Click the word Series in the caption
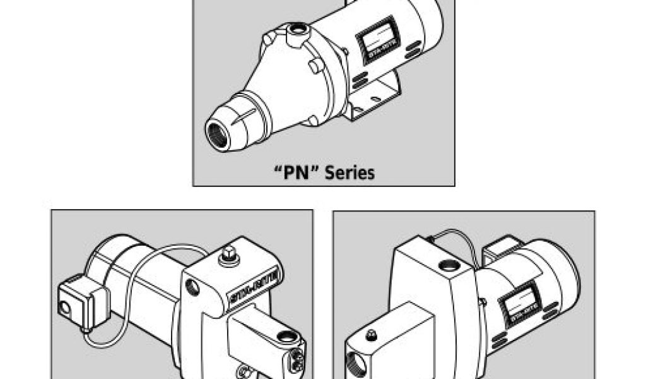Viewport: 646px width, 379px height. click(x=351, y=172)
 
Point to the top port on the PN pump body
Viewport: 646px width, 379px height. click(x=297, y=29)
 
